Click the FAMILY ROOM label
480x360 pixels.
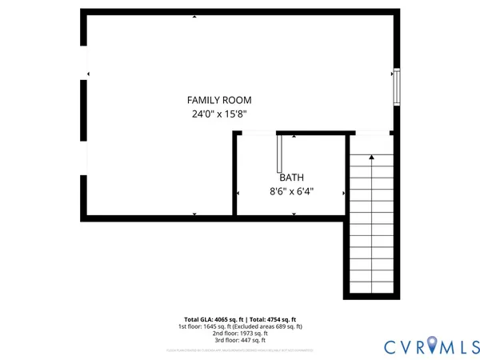point(218,100)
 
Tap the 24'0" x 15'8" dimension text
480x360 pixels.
point(218,114)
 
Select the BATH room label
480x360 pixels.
point(291,178)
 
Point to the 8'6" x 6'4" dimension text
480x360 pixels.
point(291,191)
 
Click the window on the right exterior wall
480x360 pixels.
point(395,87)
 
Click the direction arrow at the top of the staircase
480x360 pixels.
point(372,158)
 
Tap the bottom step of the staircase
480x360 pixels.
point(372,288)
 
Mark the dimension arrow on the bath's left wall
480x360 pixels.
point(238,193)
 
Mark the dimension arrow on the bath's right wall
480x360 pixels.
point(344,193)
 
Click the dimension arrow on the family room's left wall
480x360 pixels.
point(88,75)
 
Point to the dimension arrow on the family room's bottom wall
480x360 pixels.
point(194,214)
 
